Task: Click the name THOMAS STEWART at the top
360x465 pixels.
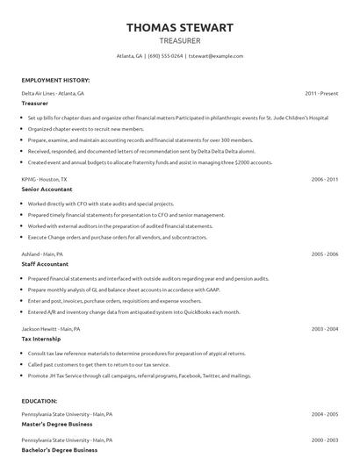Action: [179, 27]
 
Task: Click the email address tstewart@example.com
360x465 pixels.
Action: [216, 55]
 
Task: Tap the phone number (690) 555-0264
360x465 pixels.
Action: [165, 55]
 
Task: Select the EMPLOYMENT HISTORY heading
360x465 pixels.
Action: [55, 79]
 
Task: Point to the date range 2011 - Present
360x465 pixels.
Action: [321, 93]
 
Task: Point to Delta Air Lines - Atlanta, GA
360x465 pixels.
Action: [54, 93]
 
